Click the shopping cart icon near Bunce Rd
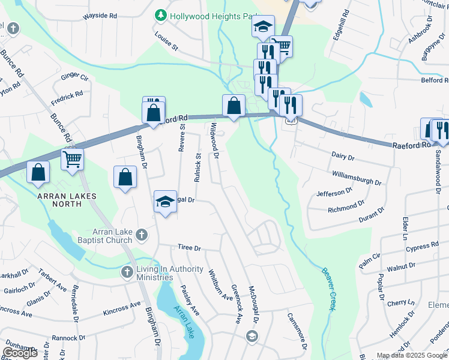click(x=72, y=160)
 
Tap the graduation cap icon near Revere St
click(x=165, y=202)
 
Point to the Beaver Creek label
click(x=328, y=289)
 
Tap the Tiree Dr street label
click(x=188, y=248)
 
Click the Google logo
click(x=20, y=352)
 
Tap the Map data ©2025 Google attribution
click(x=411, y=355)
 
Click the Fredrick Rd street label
click(x=67, y=96)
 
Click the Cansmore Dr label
click(x=297, y=331)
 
